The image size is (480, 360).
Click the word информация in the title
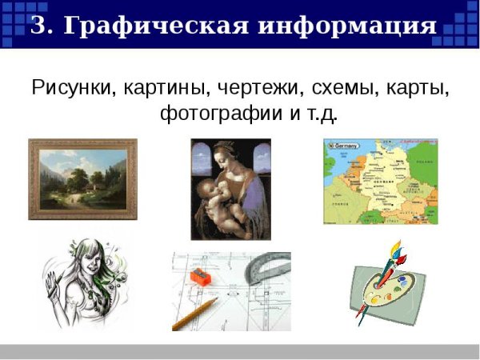pyautogui.click(x=346, y=26)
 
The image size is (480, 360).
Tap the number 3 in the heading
pyautogui.click(x=41, y=26)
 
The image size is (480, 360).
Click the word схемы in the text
pyautogui.click(x=342, y=86)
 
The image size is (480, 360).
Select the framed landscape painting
pyautogui.click(x=82, y=178)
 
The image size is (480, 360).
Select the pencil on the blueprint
pyautogui.click(x=195, y=314)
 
